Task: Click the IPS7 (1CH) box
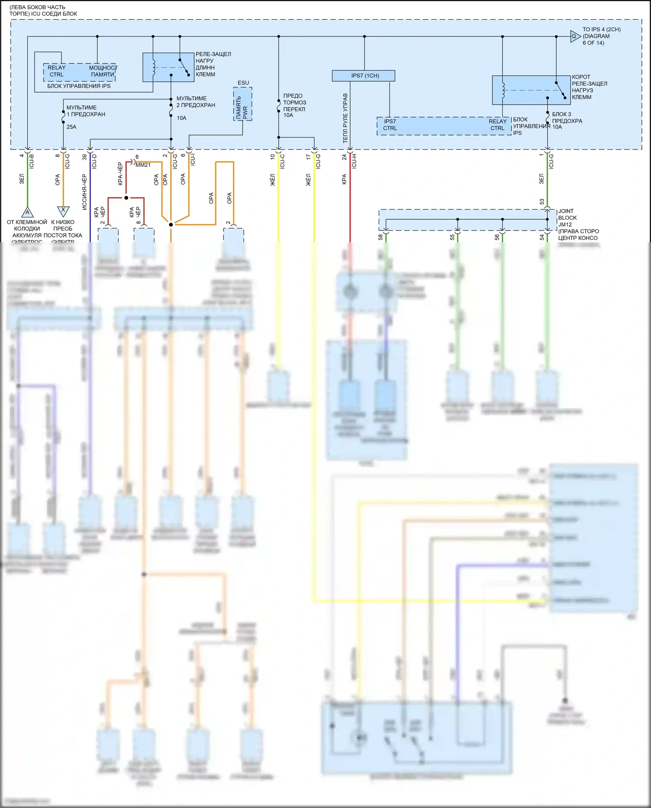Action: pos(363,76)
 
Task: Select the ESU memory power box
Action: pos(243,104)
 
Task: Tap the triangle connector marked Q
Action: pos(575,36)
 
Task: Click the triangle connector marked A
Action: pos(27,212)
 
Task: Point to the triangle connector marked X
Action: pos(63,211)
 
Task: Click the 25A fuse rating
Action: pos(71,127)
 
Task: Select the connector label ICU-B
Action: pos(31,162)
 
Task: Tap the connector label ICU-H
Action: pos(354,161)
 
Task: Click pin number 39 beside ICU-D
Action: pos(85,157)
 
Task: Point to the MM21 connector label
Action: pos(143,165)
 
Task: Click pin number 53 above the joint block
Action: pos(542,201)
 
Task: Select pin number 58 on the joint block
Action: pos(381,237)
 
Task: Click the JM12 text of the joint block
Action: pos(565,224)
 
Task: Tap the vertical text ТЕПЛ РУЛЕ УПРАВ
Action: pos(345,118)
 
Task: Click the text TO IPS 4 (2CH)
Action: pos(601,30)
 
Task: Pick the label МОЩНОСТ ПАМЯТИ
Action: pos(103,71)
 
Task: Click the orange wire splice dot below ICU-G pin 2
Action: pos(171,224)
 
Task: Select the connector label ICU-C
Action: pos(283,161)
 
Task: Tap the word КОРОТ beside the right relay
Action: pos(581,77)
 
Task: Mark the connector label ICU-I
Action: pos(193,159)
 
